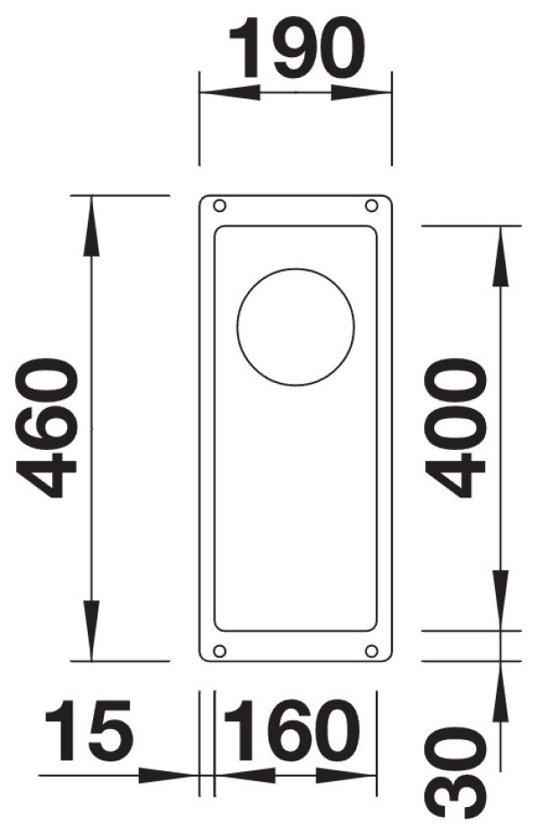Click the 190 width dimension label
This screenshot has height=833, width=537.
tap(297, 47)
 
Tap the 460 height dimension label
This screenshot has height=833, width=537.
tap(47, 429)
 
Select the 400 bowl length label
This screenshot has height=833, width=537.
tap(456, 429)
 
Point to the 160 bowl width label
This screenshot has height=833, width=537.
tap(291, 730)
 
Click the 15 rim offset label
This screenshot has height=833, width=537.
tap(89, 730)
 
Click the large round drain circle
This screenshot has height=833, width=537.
tap(296, 327)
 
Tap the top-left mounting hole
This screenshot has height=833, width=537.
tap(219, 206)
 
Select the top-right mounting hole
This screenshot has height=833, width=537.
tap(371, 206)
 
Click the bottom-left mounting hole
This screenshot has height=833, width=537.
tap(219, 650)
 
